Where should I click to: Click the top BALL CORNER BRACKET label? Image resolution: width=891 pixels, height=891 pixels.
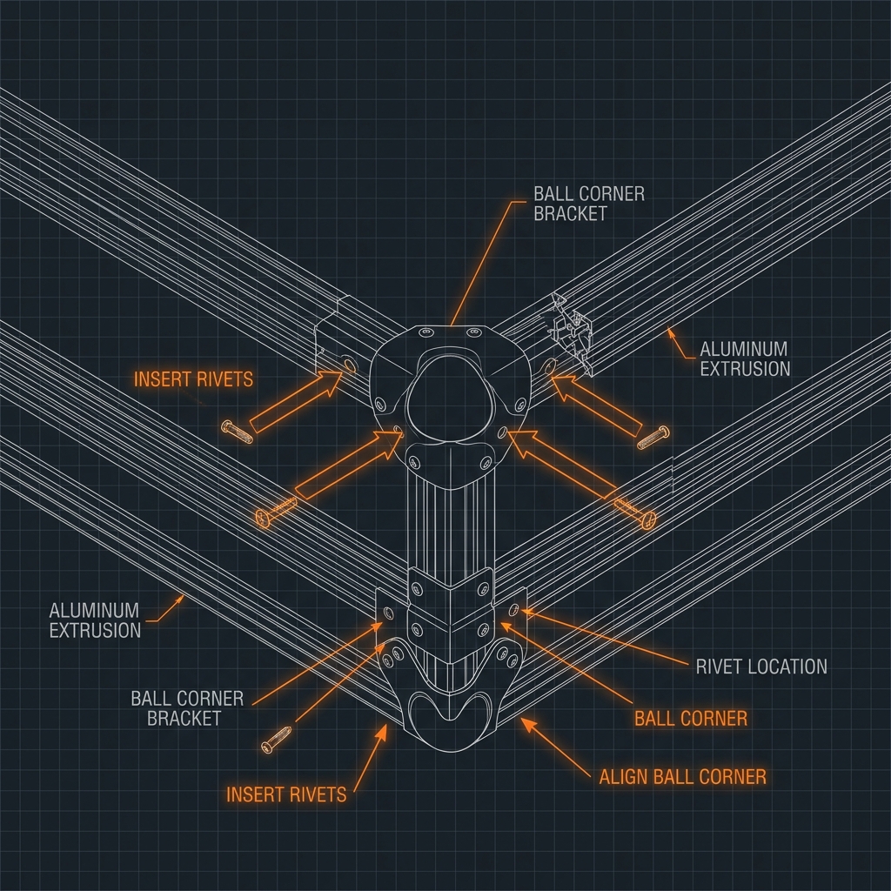tap(589, 204)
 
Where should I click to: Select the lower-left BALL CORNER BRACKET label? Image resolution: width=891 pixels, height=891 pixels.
tap(187, 708)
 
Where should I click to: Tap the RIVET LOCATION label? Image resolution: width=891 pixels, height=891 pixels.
tap(761, 667)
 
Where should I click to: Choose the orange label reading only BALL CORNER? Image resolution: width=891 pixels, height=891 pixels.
tap(690, 719)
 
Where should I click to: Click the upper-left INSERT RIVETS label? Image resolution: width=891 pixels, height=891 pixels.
tap(193, 379)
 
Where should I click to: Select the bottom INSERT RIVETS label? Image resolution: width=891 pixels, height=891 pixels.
tap(286, 794)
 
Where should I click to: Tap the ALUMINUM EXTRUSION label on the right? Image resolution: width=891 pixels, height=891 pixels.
tap(745, 358)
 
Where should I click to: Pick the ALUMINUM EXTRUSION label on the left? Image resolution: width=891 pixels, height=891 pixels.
tap(95, 620)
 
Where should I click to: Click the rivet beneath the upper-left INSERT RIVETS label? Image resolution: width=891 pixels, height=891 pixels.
tap(237, 432)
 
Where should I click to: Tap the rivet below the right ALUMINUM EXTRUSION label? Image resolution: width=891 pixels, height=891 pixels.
tap(653, 438)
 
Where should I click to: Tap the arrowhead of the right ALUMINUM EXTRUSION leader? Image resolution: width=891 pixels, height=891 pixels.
tap(670, 332)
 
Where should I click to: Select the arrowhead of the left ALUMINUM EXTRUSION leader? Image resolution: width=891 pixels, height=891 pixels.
tap(181, 599)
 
